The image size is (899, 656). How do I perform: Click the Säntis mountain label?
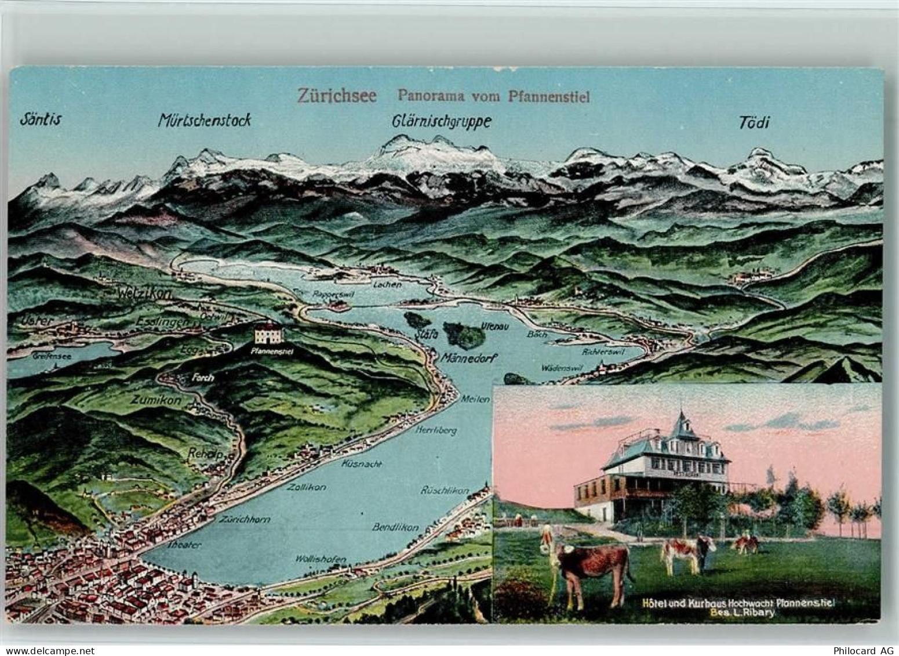click(40, 119)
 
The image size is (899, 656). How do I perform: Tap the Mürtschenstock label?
click(204, 120)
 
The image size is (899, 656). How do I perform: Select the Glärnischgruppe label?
click(442, 121)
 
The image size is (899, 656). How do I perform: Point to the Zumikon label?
click(156, 400)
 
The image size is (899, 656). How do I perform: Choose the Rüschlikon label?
click(445, 491)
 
